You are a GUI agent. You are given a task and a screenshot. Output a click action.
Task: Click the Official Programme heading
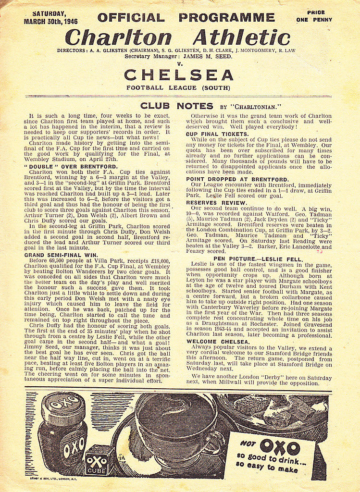tap(186, 18)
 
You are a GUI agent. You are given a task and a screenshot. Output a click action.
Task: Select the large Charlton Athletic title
tap(177, 37)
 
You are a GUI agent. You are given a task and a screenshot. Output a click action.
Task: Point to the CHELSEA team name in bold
tap(178, 75)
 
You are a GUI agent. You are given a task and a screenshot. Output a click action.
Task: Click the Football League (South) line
tap(178, 87)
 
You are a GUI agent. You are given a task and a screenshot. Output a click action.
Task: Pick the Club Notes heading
tap(176, 106)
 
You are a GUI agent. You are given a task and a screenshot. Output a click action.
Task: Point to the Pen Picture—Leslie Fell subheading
tap(258, 259)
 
